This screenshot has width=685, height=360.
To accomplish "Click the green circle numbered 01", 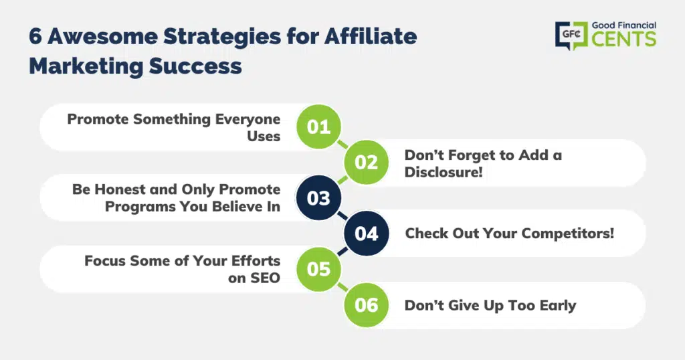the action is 318,126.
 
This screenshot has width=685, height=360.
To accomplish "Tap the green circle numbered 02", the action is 366,163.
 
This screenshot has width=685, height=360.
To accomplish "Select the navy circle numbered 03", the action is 318,198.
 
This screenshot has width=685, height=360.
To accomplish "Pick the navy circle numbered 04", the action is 366,234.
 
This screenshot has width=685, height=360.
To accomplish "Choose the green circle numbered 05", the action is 318,269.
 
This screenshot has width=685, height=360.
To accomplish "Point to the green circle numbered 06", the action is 366,305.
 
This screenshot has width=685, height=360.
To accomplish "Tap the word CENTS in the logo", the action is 624,39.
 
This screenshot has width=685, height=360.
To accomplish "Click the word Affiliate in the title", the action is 371,36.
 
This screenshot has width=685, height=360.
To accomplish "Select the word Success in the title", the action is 195,66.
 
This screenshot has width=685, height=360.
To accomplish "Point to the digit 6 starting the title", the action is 35,37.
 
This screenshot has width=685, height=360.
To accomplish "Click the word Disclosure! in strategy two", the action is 444,172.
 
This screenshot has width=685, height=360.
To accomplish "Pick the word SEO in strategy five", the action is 265,278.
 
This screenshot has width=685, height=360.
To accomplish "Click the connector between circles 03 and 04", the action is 342,216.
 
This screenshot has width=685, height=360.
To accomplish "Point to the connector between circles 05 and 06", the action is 342,287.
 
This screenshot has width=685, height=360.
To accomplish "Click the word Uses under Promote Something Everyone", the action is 264,137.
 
